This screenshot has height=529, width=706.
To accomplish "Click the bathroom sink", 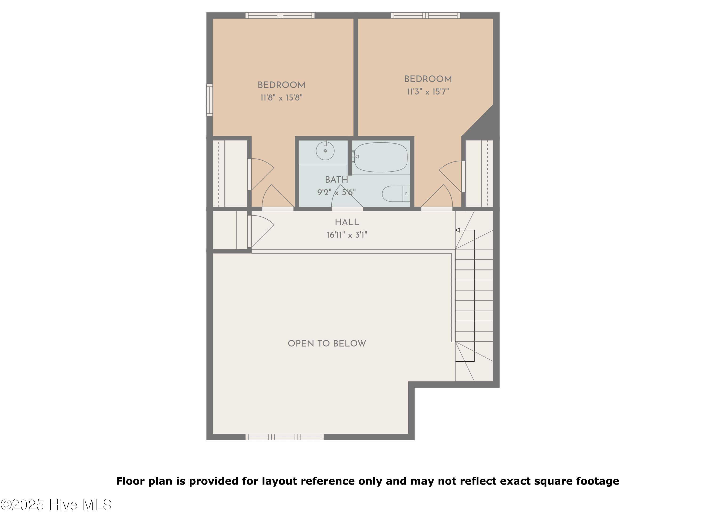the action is pyautogui.click(x=325, y=151).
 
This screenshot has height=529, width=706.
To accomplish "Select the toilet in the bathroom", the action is pyautogui.click(x=396, y=193).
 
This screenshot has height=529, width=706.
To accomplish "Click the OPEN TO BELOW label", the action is pyautogui.click(x=327, y=343).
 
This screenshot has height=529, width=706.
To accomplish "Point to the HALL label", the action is pyautogui.click(x=347, y=222).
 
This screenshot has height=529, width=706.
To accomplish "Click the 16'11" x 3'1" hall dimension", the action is pyautogui.click(x=347, y=235).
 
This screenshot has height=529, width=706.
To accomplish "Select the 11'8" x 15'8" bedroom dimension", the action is pyautogui.click(x=281, y=98).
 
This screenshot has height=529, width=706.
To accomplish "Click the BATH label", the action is pyautogui.click(x=336, y=180).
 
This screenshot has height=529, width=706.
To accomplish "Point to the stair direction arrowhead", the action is pyautogui.click(x=457, y=230).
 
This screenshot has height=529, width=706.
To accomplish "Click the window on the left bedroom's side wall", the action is pyautogui.click(x=209, y=100).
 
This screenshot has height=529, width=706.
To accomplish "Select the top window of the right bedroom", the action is pyautogui.click(x=425, y=15).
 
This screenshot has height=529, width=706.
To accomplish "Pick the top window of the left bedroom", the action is pyautogui.click(x=280, y=15).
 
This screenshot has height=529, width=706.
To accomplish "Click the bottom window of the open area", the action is pyautogui.click(x=284, y=437).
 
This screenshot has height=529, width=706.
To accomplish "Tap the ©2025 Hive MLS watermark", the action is pyautogui.click(x=56, y=505).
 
